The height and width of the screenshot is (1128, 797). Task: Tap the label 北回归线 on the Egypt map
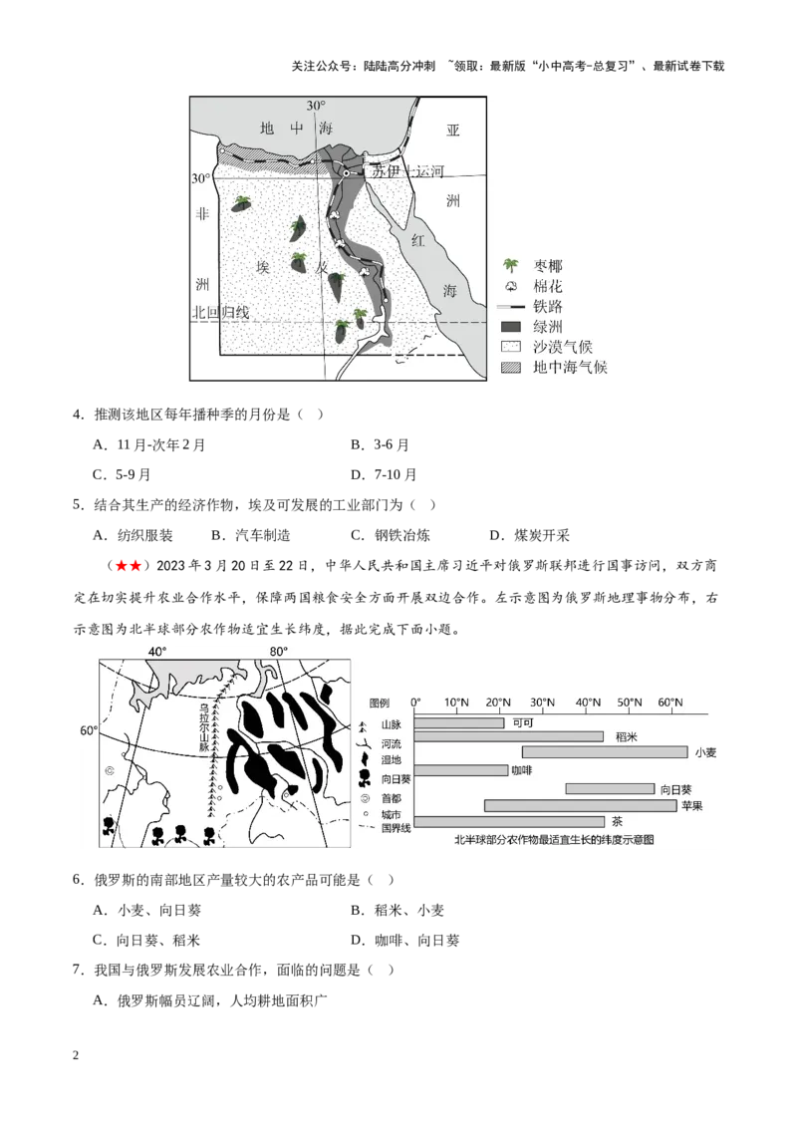[221, 312]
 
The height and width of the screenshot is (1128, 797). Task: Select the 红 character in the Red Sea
[419, 241]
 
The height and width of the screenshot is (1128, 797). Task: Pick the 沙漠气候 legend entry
[563, 346]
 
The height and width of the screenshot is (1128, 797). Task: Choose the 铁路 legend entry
[548, 306]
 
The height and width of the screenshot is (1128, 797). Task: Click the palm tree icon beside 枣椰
[510, 266]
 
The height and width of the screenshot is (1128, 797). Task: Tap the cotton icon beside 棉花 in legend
[510, 286]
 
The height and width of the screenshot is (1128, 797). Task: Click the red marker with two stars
[128, 566]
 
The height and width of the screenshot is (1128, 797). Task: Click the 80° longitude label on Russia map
[279, 652]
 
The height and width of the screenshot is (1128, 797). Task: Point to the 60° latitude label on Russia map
[88, 730]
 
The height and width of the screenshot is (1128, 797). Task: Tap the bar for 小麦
[605, 752]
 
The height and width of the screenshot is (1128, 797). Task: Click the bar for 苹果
[580, 805]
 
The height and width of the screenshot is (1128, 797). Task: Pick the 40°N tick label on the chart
[586, 703]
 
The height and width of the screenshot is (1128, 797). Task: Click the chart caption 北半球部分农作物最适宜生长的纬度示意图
[554, 840]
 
